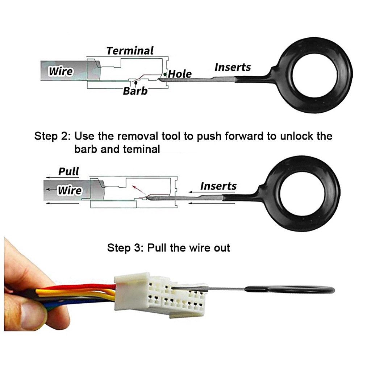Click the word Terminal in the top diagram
coord(130,51)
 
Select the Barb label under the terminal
coord(135,91)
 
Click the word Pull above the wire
coord(68,171)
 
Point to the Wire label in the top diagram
coord(61,71)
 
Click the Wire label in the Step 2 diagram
coord(70,190)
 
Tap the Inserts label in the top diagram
coord(233,67)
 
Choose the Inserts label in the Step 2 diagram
coord(218,186)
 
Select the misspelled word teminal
coord(142,149)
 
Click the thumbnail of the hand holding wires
coord(33,290)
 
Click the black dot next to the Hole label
coord(165,74)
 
